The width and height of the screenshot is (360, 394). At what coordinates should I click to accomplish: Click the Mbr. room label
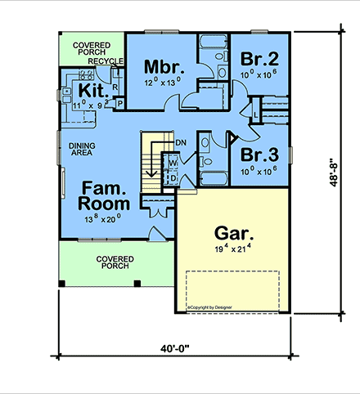tap(162, 65)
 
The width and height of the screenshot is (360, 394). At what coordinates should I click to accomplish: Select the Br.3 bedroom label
tap(259, 153)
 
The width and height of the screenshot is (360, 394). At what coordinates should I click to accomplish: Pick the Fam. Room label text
tap(104, 195)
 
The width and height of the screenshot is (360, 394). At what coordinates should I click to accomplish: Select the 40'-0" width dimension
tap(175, 349)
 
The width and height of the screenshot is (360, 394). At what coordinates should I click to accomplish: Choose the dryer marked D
tap(173, 177)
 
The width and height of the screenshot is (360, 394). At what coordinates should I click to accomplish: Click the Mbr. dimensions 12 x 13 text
tap(161, 82)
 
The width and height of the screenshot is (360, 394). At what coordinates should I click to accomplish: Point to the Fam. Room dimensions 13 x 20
tap(104, 217)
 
